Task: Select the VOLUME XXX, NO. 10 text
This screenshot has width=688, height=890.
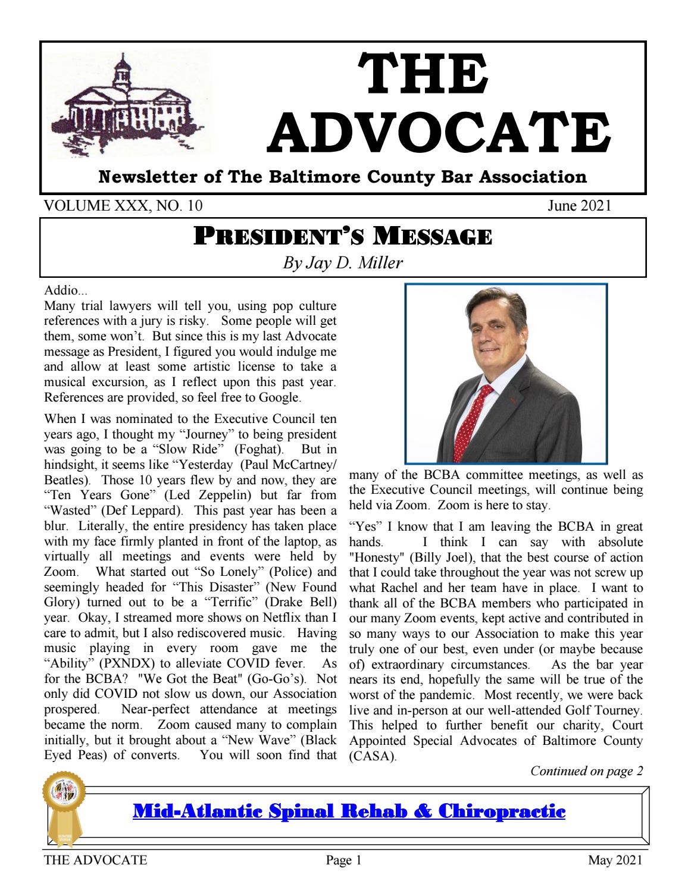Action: point(124,206)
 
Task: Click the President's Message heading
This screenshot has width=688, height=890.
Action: point(343,239)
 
